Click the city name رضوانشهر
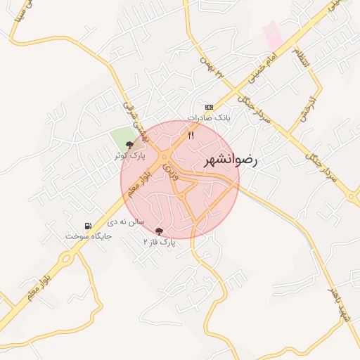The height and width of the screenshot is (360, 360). (231, 160)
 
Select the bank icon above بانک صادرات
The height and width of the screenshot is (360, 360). (208, 107)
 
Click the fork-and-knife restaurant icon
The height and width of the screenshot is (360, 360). (191, 134)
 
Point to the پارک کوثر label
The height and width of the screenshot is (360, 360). (130, 155)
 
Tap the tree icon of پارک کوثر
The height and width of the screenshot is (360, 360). (129, 144)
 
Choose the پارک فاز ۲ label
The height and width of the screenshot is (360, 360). (158, 242)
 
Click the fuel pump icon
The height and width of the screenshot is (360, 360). (87, 226)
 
